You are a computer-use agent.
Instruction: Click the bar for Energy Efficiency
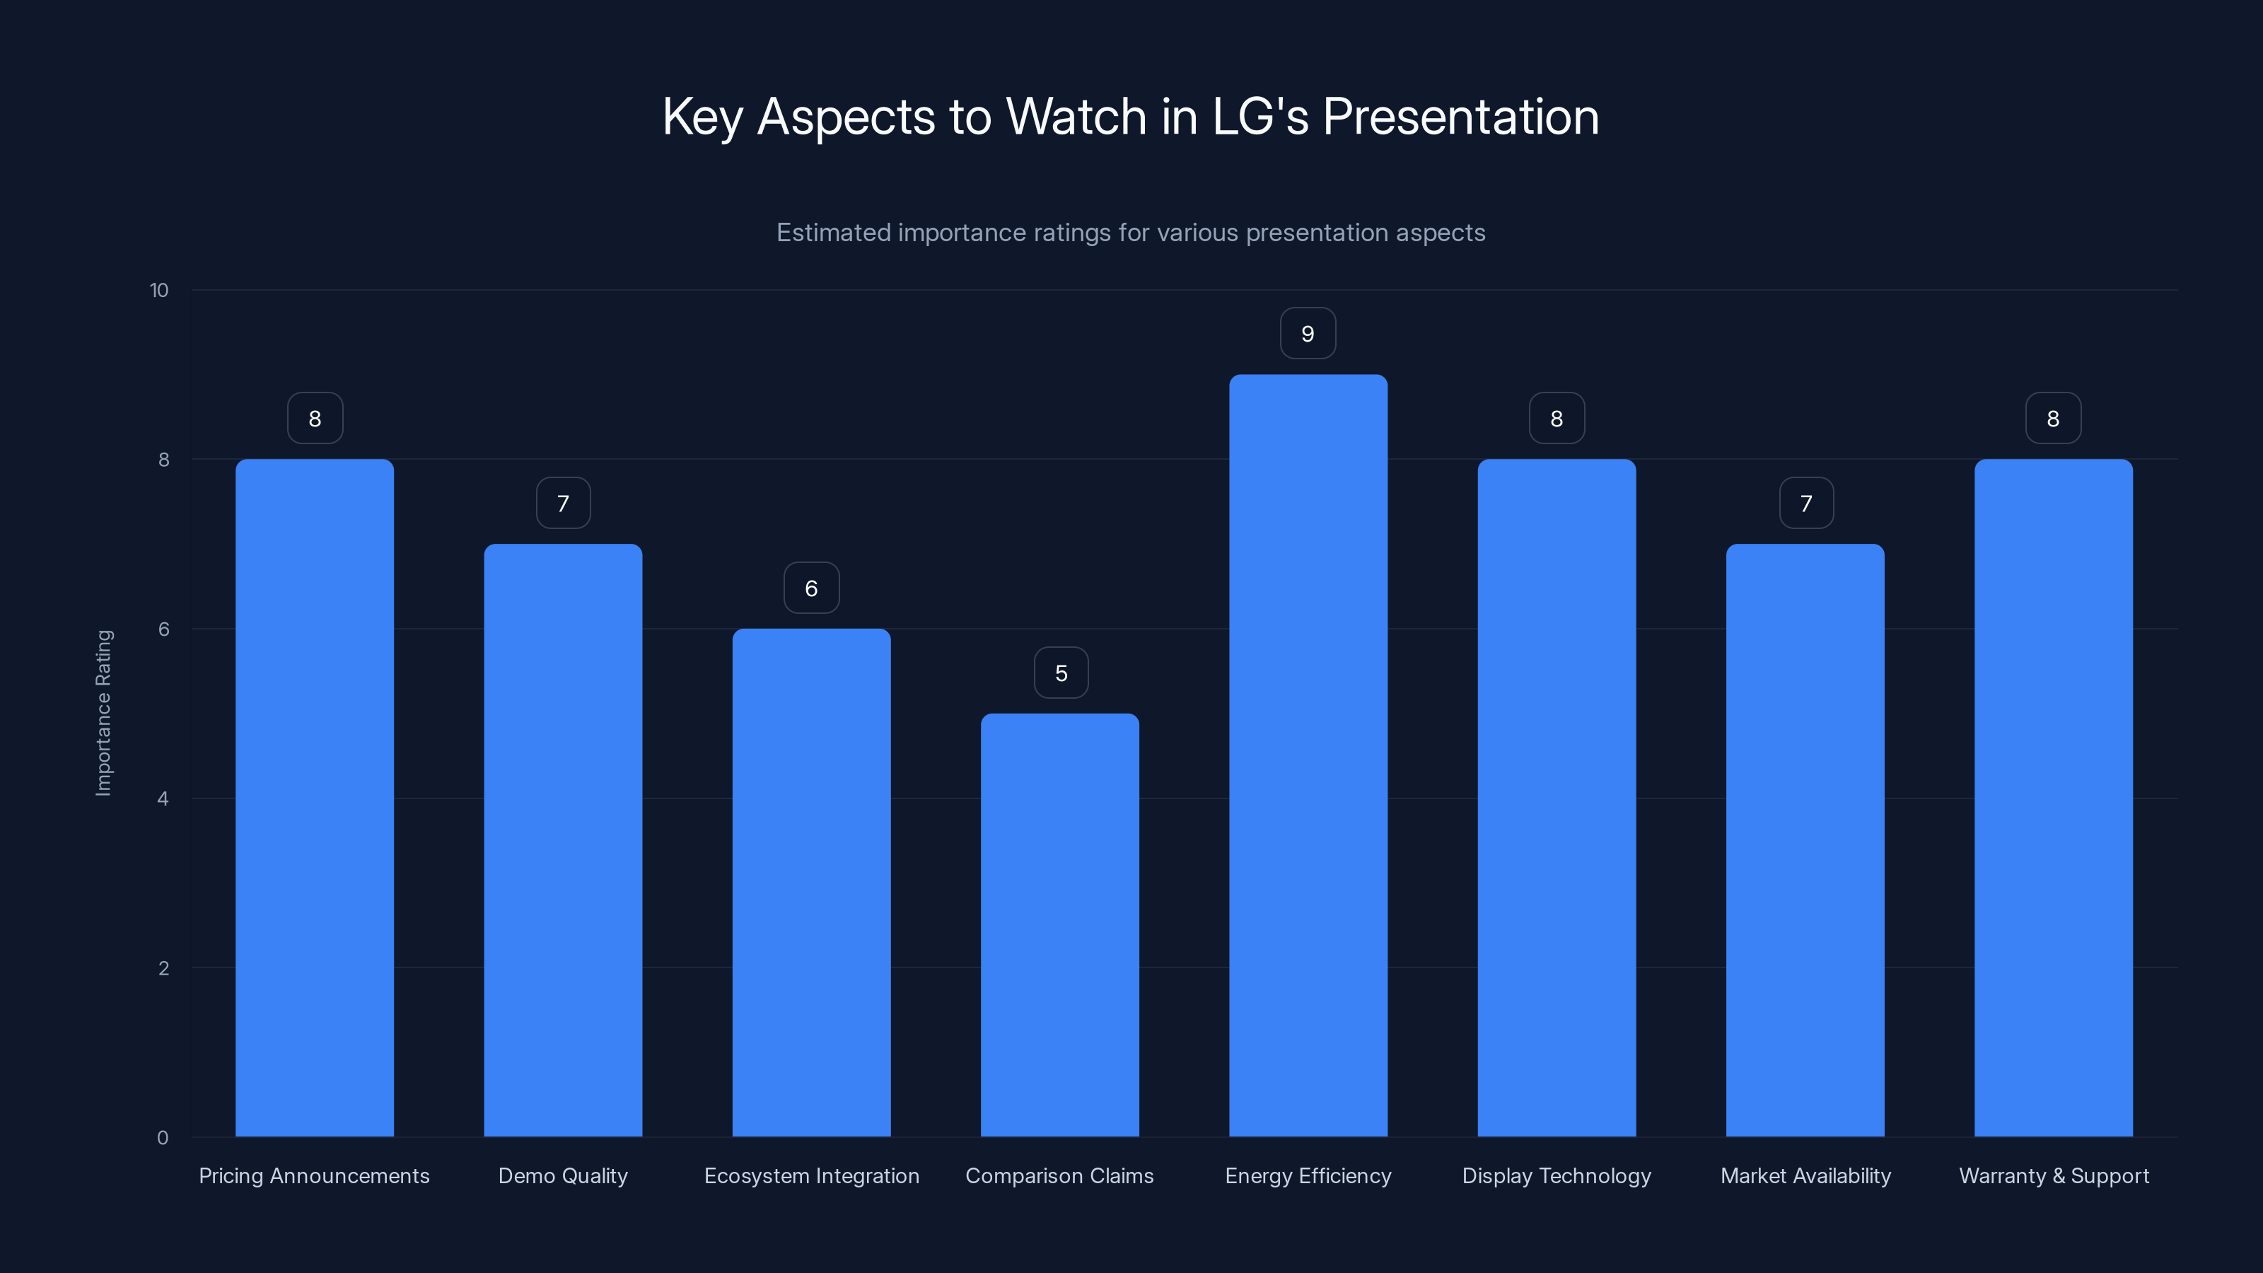click(1308, 755)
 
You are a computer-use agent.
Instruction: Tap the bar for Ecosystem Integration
click(811, 883)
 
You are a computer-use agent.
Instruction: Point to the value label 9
click(1307, 334)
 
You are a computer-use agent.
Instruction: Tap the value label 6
click(811, 588)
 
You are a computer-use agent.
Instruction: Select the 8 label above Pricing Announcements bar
click(315, 419)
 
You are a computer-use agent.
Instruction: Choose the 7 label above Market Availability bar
click(1806, 504)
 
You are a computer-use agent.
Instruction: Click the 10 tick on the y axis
click(159, 291)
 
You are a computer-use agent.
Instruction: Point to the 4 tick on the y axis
click(163, 798)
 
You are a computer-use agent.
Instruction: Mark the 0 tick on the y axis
click(163, 1138)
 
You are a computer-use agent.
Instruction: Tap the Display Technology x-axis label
click(1556, 1175)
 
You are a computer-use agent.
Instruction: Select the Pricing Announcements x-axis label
click(313, 1175)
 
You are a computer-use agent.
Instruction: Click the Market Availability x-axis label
click(1805, 1175)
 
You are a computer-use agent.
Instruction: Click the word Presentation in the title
click(1460, 117)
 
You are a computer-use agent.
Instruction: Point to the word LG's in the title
click(1260, 117)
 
